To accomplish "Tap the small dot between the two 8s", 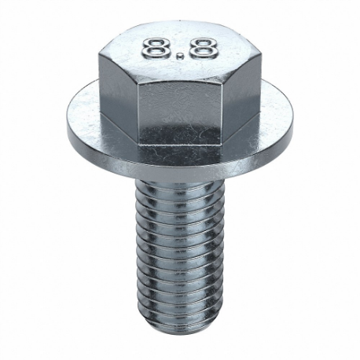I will pos(181,57).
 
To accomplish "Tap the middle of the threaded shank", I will pos(180,252).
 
